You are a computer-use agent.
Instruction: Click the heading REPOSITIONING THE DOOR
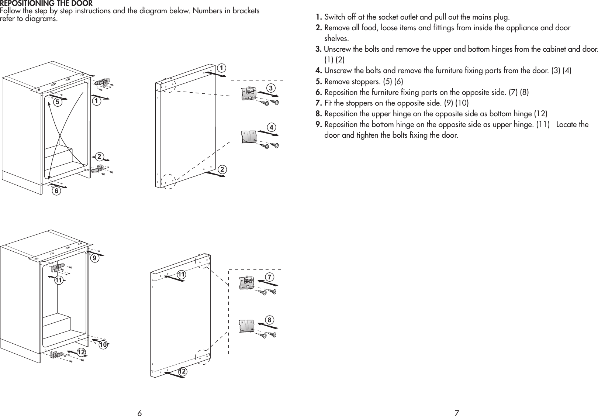[46, 3]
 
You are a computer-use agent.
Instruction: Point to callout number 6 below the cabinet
[56, 191]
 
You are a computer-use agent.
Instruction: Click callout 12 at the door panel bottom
[182, 371]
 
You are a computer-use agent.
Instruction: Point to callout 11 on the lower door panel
[181, 275]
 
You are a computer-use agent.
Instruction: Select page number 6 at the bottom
[139, 413]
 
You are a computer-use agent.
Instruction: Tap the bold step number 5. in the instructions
[319, 81]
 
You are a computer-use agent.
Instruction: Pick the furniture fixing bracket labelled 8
[246, 325]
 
